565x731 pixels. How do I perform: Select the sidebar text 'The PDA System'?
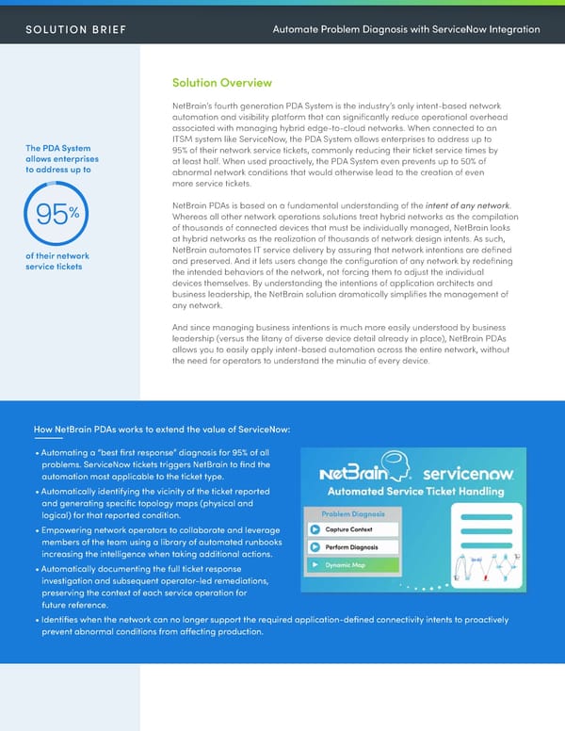pos(59,148)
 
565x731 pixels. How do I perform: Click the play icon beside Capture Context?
pos(315,528)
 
